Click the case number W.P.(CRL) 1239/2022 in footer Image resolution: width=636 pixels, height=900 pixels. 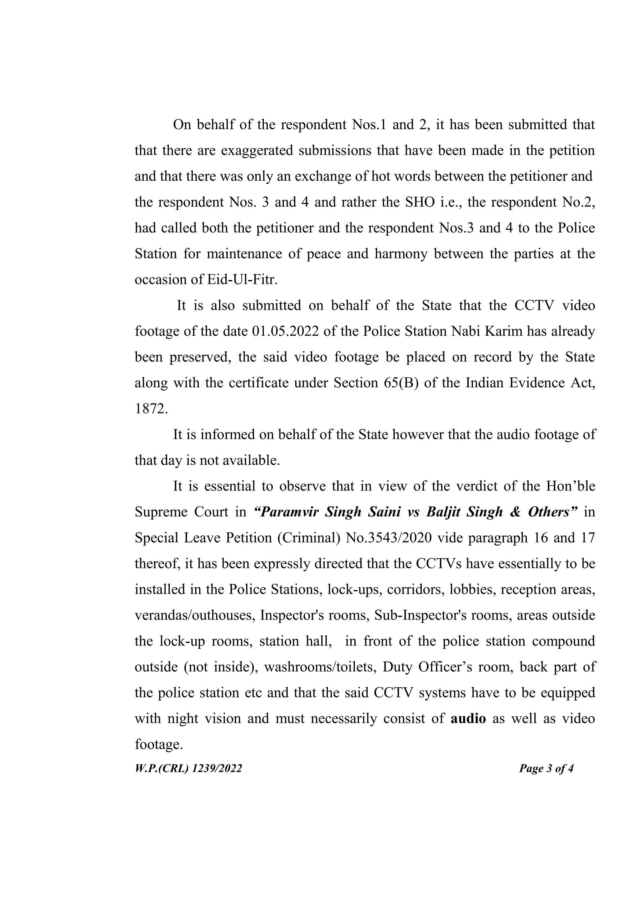[189, 768]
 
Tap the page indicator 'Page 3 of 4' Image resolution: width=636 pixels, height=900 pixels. [546, 768]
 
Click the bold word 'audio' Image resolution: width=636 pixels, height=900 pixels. [468, 718]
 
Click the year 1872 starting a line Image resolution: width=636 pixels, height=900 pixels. [151, 408]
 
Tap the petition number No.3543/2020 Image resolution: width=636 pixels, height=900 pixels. [388, 538]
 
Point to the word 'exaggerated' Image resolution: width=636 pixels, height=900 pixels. [257, 150]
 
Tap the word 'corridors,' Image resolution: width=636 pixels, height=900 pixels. [415, 589]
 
